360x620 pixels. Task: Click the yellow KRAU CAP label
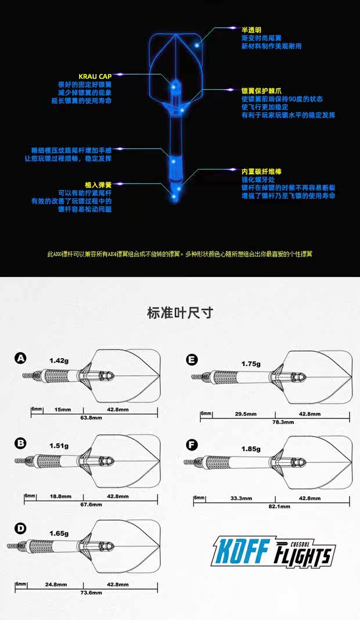click(x=95, y=76)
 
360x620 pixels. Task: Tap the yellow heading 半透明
click(x=251, y=28)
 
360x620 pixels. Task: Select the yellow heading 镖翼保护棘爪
click(x=261, y=91)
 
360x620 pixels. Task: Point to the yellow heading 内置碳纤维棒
click(x=261, y=172)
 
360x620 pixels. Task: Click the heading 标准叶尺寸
click(x=180, y=313)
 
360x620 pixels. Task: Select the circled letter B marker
click(x=21, y=443)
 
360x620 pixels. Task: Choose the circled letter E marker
click(x=192, y=359)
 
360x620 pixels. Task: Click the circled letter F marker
click(x=192, y=445)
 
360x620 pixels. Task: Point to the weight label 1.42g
click(x=59, y=361)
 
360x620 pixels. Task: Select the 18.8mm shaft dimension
click(x=60, y=496)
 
